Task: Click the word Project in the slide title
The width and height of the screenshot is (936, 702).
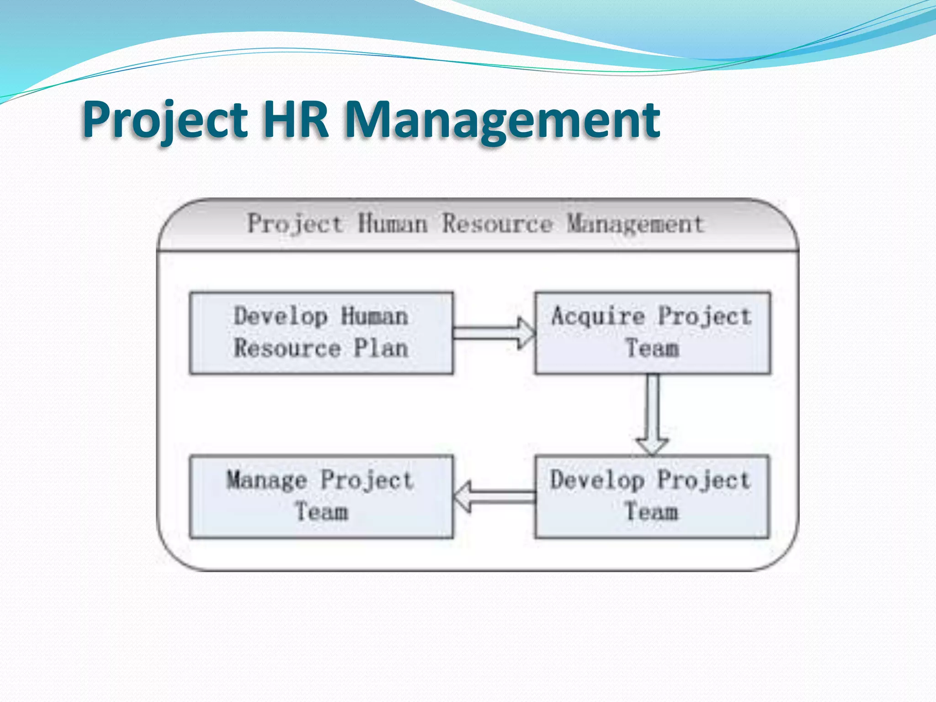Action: coord(165,120)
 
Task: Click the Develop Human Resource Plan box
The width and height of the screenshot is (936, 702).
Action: coord(321,333)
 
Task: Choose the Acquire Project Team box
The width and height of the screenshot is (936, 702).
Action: coord(652,333)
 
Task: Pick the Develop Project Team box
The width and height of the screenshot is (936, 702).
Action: coord(652,496)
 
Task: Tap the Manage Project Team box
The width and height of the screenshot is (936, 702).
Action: coord(321,496)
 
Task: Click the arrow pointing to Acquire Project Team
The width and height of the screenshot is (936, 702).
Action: coord(494,333)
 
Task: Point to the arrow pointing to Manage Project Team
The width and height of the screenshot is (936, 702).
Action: coord(494,496)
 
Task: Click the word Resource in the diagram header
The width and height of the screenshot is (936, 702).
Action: coord(497,224)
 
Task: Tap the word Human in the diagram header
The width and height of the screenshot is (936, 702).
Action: coord(392,224)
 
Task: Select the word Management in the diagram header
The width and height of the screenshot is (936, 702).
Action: coord(635,224)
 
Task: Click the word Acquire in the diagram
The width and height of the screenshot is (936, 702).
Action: coord(598,316)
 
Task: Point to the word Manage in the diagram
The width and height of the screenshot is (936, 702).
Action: coord(267,481)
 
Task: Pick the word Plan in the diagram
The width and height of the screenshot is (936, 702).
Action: coord(381,348)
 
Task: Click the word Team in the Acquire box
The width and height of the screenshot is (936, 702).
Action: coord(652,348)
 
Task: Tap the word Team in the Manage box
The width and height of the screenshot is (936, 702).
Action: coord(321,512)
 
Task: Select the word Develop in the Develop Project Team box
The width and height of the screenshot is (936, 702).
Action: coord(597,481)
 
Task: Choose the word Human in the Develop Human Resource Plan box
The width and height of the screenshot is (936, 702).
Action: coord(374,316)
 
